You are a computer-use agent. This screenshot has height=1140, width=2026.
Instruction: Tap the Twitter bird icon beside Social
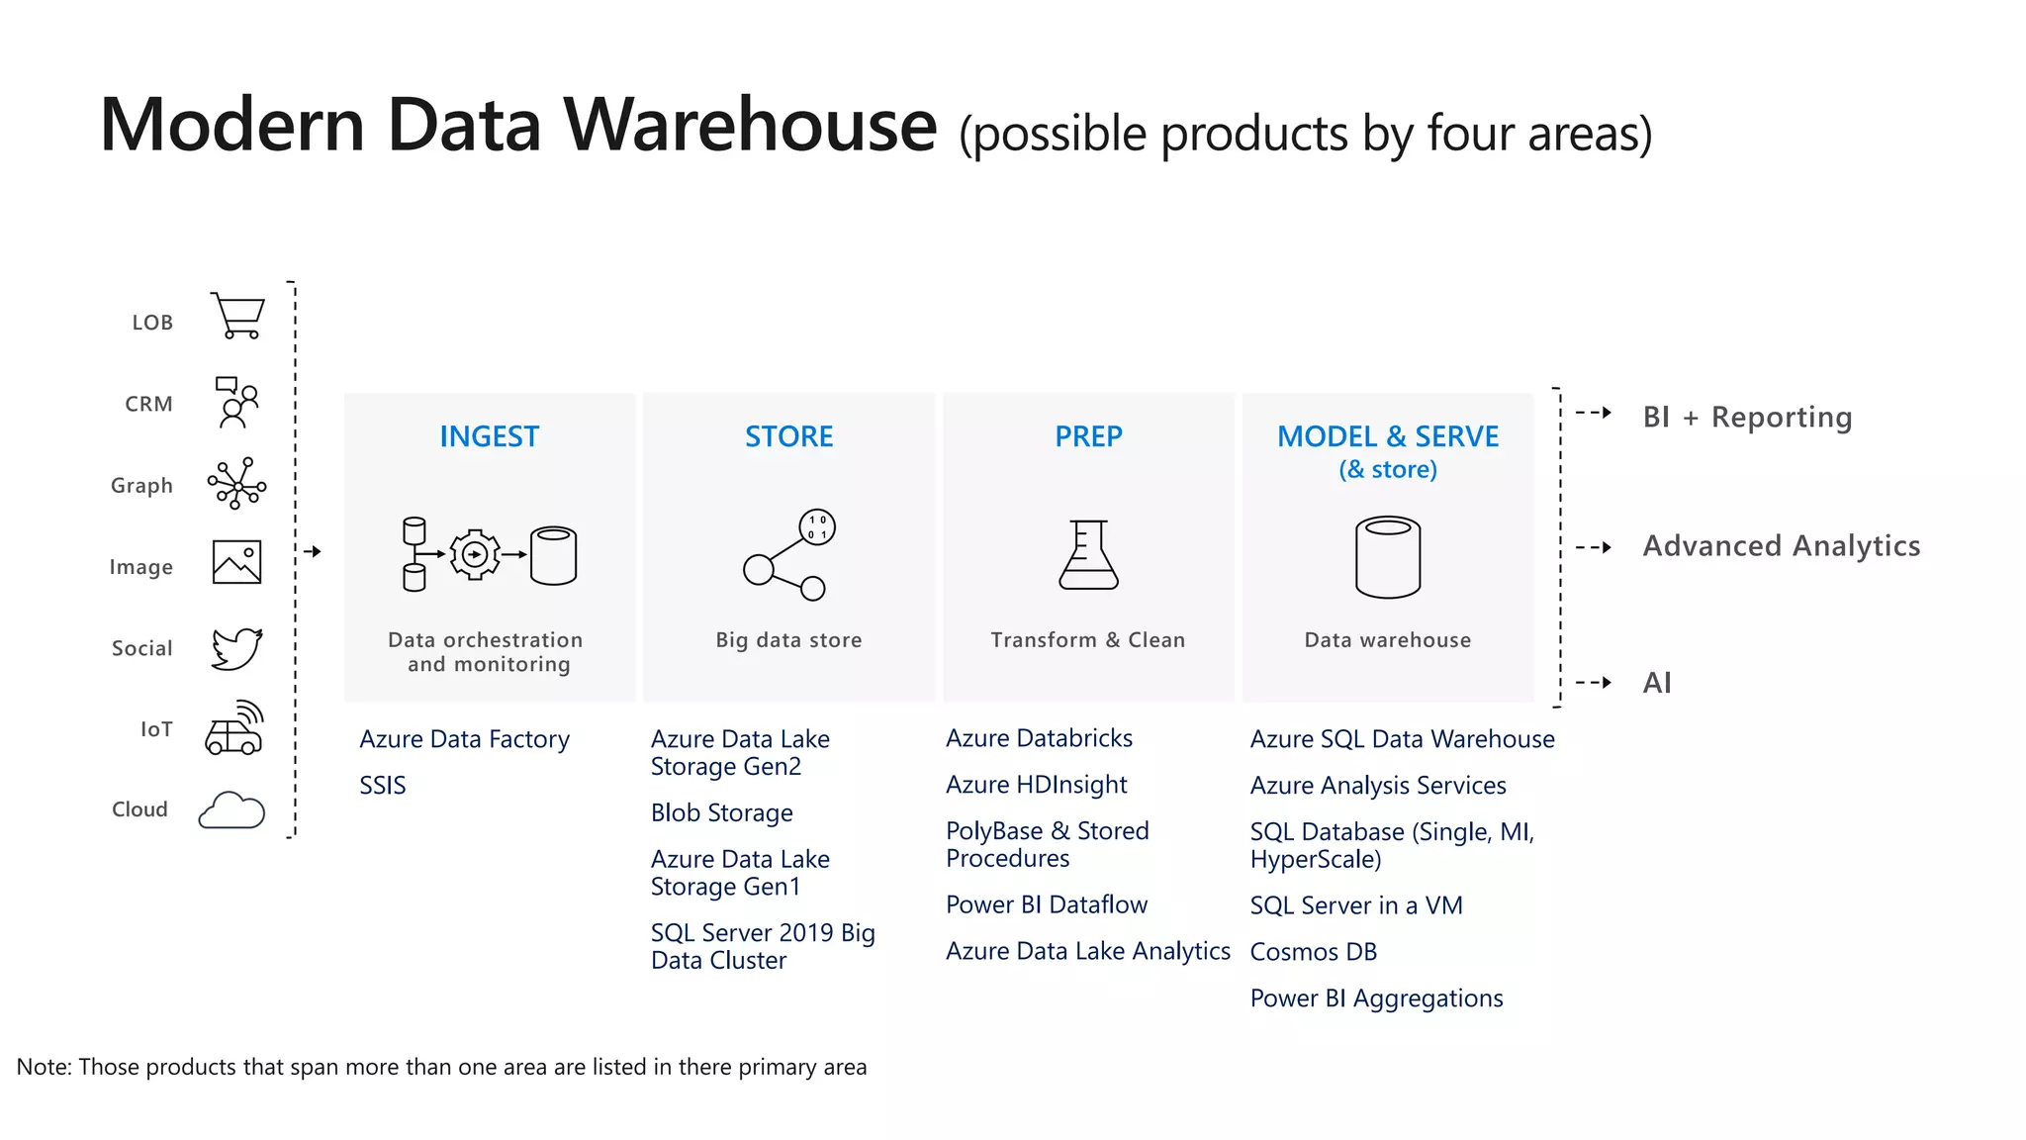point(237,648)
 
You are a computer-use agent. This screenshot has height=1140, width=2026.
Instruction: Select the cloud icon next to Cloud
point(231,810)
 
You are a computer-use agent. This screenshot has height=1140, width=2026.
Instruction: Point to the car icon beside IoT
point(235,729)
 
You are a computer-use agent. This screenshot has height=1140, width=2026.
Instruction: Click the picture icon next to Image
point(237,562)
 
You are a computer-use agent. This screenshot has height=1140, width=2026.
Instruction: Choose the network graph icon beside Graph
point(236,484)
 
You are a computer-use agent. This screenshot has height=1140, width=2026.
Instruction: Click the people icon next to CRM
point(237,402)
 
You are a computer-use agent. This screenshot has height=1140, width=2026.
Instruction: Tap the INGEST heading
point(489,436)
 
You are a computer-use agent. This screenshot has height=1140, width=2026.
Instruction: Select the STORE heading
point(788,436)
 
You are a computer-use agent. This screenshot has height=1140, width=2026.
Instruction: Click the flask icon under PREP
point(1088,555)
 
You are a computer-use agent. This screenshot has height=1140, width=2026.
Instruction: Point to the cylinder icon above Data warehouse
point(1387,557)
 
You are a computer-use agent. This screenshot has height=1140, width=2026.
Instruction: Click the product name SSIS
point(383,786)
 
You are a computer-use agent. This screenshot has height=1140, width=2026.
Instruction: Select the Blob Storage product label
point(721,813)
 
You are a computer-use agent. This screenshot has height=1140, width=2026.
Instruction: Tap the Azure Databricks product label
point(1039,738)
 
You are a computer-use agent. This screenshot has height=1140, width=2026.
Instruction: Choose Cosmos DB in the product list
point(1313,952)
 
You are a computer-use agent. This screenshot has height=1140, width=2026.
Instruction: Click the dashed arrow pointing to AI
point(1594,683)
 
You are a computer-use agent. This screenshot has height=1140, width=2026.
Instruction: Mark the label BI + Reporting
point(1747,418)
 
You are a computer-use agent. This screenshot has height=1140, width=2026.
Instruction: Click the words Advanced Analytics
point(1781,546)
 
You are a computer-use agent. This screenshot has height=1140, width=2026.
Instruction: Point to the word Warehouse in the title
point(750,126)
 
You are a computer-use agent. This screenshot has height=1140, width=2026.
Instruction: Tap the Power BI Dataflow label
point(1046,904)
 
